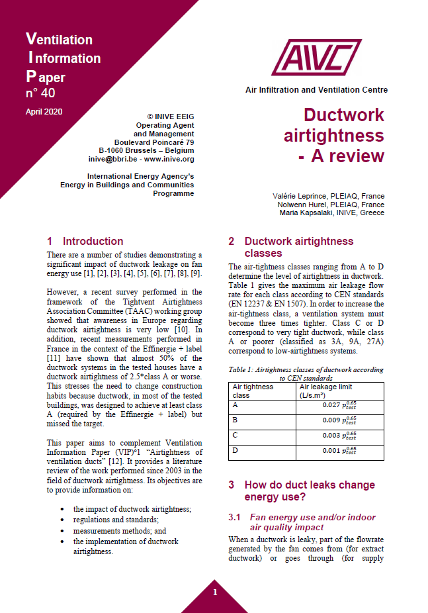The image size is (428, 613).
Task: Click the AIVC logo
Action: click(x=316, y=58)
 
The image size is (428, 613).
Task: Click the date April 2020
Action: click(x=44, y=111)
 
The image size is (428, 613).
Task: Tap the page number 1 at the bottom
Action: click(x=214, y=592)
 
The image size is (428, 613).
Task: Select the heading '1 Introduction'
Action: click(x=85, y=242)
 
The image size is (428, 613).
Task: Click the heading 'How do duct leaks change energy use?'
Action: click(x=309, y=491)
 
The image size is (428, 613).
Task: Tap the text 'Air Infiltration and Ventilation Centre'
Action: click(x=316, y=90)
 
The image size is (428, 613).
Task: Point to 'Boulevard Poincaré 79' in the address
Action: click(x=154, y=142)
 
